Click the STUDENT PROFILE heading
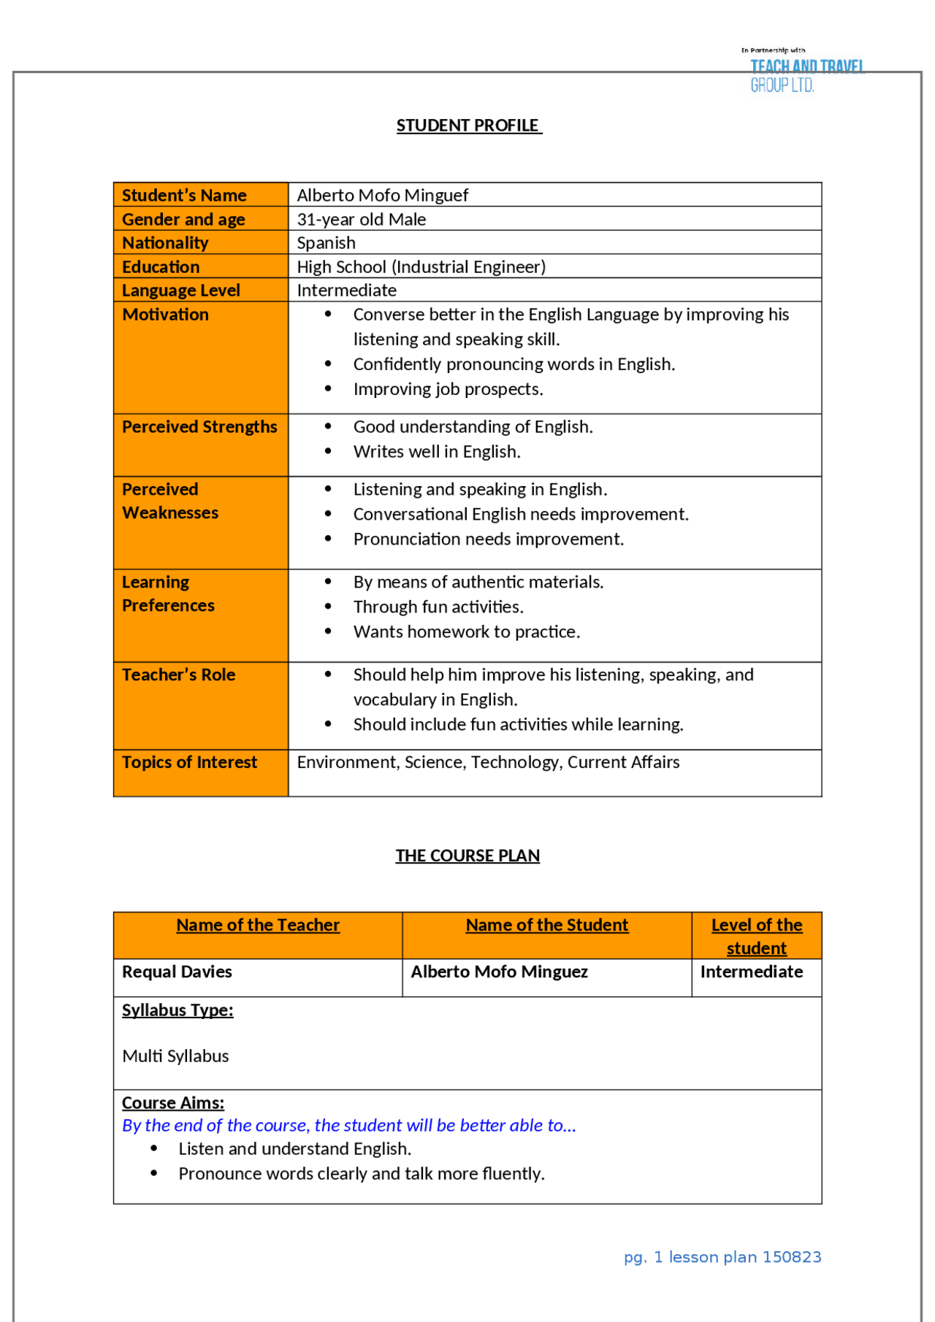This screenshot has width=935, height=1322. click(468, 126)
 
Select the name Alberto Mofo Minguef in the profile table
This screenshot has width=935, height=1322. click(382, 195)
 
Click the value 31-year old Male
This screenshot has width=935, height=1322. click(361, 219)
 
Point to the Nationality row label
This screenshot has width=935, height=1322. click(165, 242)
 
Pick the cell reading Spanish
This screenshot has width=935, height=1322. click(326, 242)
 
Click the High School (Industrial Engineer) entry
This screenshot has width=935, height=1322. click(421, 266)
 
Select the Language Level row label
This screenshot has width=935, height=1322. click(180, 290)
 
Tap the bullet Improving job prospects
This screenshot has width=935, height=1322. click(448, 389)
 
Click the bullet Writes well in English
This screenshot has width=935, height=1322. click(437, 452)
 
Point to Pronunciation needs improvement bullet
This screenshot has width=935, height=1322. click(488, 539)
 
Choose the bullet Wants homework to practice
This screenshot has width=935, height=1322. click(466, 632)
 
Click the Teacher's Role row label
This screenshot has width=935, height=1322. click(178, 675)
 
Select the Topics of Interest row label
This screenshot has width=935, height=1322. click(189, 762)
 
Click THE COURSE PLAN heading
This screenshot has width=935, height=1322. click(467, 856)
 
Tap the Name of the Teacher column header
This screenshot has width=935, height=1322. click(258, 925)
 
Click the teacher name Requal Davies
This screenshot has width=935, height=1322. click(177, 972)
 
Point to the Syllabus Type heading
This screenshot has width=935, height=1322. click(178, 1010)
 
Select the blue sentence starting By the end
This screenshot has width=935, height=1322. click(348, 1126)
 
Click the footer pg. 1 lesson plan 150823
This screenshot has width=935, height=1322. click(722, 1257)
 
